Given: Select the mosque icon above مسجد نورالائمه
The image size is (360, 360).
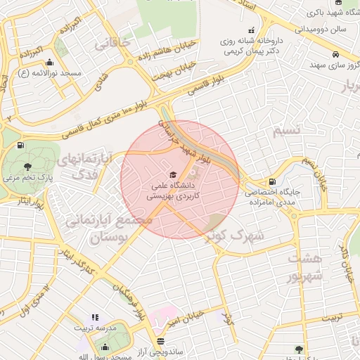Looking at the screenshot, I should tap(49, 62).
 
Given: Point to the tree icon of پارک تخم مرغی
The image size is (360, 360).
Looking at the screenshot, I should tap(27, 167).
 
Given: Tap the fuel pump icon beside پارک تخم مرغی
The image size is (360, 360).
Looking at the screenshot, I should tap(19, 146).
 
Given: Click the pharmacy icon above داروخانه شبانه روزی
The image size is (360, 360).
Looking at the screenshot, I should tap(251, 30).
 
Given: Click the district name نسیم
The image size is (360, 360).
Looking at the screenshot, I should tap(289, 131).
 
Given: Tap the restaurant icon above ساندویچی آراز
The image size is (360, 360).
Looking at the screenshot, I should tap(161, 341).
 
